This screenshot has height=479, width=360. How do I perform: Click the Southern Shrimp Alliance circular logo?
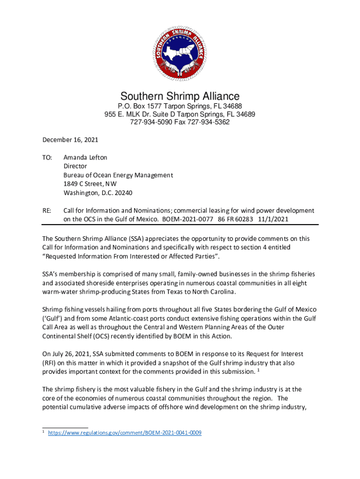[x=180, y=51]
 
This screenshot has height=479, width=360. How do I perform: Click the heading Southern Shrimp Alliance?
[x=180, y=96]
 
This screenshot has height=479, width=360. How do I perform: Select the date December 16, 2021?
[x=70, y=139]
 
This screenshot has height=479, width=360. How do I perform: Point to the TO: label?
[x=47, y=158]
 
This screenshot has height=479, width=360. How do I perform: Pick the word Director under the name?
[x=75, y=166]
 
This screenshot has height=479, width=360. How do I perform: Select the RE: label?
[x=47, y=210]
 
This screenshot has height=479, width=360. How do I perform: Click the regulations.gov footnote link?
[x=125, y=433]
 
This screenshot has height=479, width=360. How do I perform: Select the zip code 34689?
[x=246, y=114]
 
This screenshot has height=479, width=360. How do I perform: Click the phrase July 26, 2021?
[x=71, y=354]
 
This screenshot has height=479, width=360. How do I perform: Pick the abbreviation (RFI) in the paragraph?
[x=50, y=363]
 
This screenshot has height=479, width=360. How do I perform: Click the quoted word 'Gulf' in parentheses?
[x=52, y=319]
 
